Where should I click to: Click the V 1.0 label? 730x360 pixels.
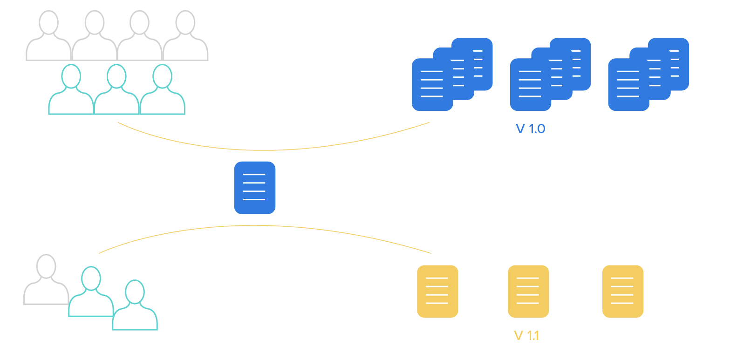530,129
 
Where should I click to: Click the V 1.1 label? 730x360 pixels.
526,335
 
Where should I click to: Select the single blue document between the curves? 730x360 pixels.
254,188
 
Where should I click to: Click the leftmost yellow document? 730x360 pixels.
437,291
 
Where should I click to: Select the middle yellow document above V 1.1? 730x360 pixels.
528,291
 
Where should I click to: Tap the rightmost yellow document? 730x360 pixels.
623,291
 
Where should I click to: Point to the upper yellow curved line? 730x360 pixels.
266,150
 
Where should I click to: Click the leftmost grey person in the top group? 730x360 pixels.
49,37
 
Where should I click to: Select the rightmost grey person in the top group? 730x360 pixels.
185,37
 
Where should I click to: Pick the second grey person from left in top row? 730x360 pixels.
95,37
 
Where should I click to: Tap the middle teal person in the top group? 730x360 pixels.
116,91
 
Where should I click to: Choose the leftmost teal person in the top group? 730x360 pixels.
71,91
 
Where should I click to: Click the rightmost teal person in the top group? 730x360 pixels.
162,91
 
